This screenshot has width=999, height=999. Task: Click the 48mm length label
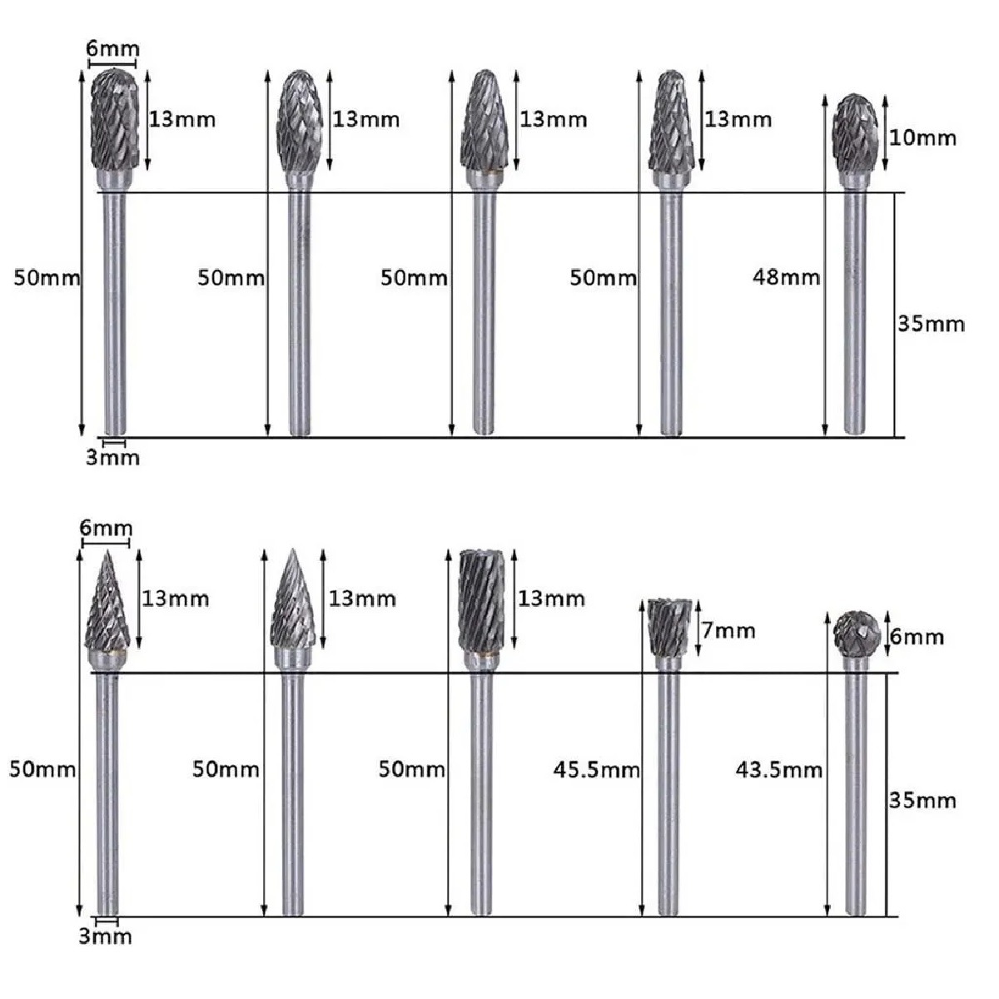point(785,277)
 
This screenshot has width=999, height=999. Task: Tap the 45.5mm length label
point(595,769)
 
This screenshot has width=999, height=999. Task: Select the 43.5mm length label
point(778,769)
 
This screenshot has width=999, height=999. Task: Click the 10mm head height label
point(922,137)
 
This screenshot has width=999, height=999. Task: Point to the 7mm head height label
point(728,630)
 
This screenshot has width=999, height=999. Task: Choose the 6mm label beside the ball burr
point(917,637)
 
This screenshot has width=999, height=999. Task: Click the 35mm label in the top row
point(930,324)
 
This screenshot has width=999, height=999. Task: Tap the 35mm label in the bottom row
point(922,800)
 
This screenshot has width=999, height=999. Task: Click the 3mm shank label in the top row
point(112,457)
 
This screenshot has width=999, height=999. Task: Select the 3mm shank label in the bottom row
point(105,936)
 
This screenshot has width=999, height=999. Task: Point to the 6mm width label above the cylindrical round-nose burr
point(112,49)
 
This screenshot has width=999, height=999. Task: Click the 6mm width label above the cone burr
point(106,528)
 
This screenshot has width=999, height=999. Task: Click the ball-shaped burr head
point(857,634)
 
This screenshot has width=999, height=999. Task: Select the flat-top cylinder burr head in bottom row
point(481,600)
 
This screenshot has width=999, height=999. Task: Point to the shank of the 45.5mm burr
point(668,791)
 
